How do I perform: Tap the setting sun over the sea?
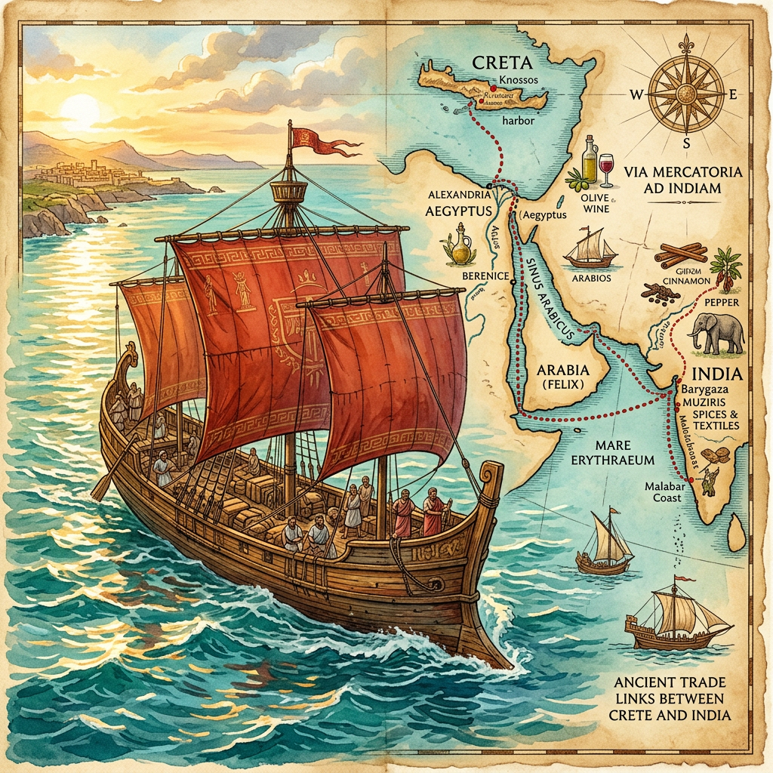(x=79, y=110)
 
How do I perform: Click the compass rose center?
(x=686, y=94)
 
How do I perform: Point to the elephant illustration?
(x=716, y=332)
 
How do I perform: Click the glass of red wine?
(x=606, y=170)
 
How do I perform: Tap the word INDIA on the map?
(x=716, y=374)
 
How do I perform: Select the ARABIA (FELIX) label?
(x=560, y=378)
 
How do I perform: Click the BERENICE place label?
(x=485, y=276)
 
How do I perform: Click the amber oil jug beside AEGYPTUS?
(x=458, y=245)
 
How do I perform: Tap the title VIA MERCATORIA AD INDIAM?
(x=684, y=180)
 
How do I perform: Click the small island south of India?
(x=736, y=533)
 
